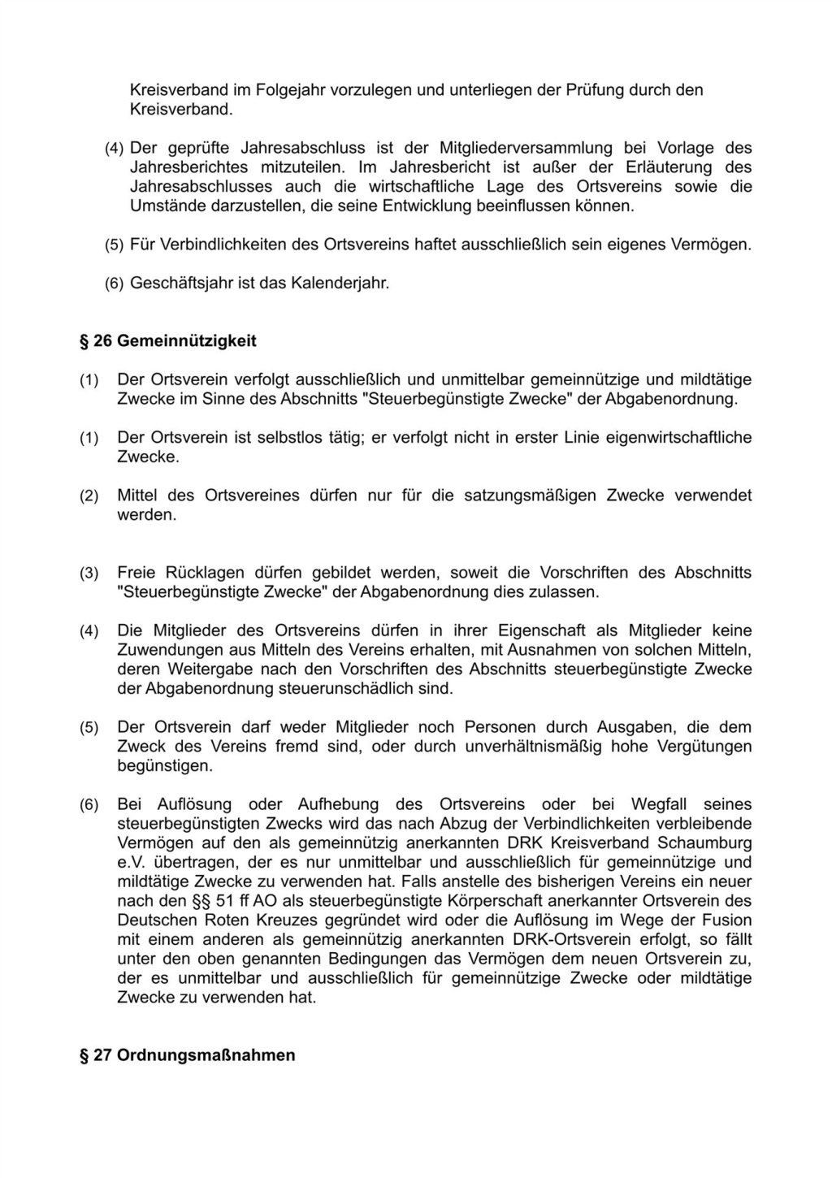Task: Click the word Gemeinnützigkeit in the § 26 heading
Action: pyautogui.click(x=186, y=340)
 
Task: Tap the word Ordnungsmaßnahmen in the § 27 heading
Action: pyautogui.click(x=206, y=1055)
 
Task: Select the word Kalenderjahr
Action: pyautogui.click(x=340, y=284)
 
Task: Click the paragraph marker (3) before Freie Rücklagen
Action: pyautogui.click(x=89, y=573)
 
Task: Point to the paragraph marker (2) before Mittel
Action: pyautogui.click(x=89, y=496)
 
